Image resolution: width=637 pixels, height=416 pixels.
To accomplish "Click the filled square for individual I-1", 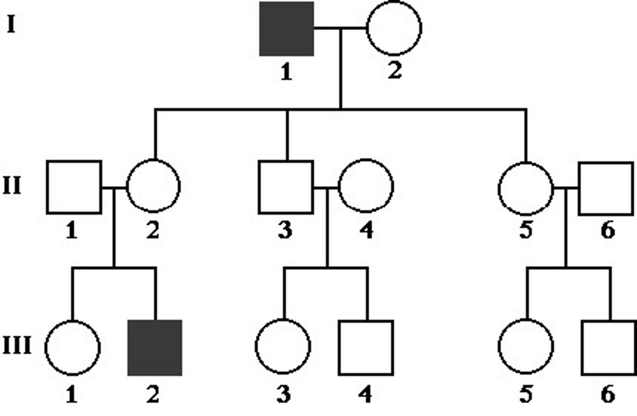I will click(286, 29).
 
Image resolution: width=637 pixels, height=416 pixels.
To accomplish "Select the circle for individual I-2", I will click(394, 28).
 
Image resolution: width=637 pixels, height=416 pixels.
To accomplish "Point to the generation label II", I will click(12, 186).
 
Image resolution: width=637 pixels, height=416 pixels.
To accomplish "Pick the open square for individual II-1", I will click(74, 187).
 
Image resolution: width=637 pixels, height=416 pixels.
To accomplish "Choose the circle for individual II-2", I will click(153, 186).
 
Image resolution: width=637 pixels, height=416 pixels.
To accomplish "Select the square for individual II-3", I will click(286, 187).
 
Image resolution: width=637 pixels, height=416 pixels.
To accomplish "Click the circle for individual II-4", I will click(366, 186).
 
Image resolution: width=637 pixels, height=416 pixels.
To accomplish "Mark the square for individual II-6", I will click(606, 189).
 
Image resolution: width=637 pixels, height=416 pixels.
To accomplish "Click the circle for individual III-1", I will click(73, 347).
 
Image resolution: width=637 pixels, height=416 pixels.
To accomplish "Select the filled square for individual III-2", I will click(154, 347).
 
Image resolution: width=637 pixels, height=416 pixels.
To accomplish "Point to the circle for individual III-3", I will click(283, 347).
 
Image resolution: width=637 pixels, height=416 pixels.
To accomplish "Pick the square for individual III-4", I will click(366, 347).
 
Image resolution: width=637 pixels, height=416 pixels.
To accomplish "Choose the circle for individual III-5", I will click(526, 347).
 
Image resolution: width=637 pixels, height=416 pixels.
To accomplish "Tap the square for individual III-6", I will click(608, 347).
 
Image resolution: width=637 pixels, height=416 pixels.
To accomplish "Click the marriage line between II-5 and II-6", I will click(566, 188).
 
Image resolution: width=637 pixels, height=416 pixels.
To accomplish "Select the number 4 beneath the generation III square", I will click(365, 394).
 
